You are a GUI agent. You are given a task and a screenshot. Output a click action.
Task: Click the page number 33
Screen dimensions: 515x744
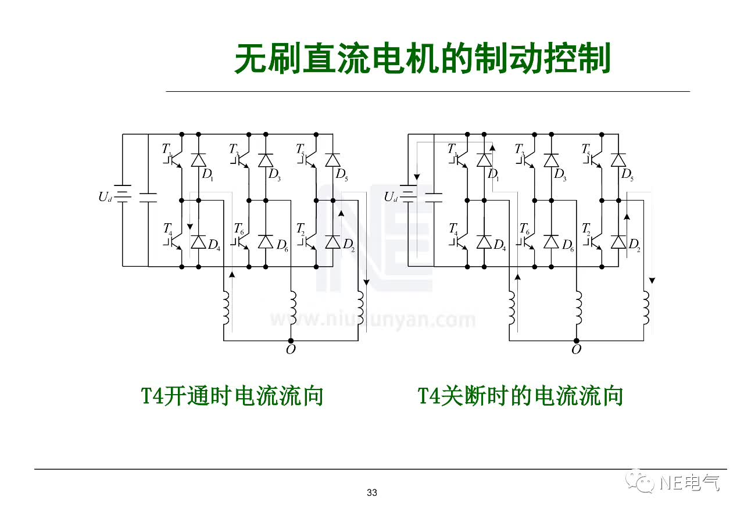click(x=372, y=493)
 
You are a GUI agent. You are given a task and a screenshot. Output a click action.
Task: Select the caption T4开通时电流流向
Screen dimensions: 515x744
click(x=233, y=396)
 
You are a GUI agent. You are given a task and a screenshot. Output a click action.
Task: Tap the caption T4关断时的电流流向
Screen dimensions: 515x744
click(x=521, y=396)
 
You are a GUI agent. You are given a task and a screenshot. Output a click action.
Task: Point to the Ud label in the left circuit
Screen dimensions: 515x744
click(x=105, y=196)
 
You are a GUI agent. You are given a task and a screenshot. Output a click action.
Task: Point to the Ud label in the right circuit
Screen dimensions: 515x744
click(x=391, y=196)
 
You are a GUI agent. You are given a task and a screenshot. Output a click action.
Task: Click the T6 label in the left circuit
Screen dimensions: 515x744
click(x=238, y=228)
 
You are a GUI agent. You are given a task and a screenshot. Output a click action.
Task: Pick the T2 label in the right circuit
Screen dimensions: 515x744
click(x=587, y=228)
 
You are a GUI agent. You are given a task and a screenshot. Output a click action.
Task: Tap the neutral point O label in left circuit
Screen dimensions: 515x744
click(x=291, y=349)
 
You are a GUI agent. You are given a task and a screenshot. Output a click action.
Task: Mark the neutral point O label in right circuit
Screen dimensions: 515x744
click(x=576, y=349)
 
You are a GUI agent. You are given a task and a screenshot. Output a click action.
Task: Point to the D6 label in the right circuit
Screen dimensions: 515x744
click(x=567, y=245)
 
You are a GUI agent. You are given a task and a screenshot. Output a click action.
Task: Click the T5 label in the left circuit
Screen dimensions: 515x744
click(x=301, y=150)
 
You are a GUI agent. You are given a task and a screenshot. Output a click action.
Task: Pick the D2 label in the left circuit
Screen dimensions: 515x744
click(x=348, y=245)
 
